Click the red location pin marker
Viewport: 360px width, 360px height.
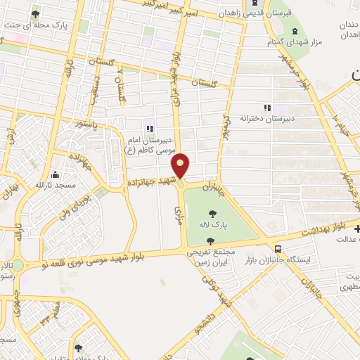click(181, 165)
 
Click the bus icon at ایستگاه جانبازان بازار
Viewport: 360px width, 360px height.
click(279, 248)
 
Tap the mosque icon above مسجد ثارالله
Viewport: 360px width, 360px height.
click(56, 174)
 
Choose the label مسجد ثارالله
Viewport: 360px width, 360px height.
click(53, 186)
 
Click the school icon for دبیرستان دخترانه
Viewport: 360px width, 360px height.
click(266, 108)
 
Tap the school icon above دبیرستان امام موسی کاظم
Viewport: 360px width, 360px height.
click(149, 128)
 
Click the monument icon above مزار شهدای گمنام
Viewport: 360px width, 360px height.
click(293, 32)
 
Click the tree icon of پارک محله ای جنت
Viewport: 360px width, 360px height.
click(36, 13)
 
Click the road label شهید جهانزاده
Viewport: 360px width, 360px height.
click(149, 181)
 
